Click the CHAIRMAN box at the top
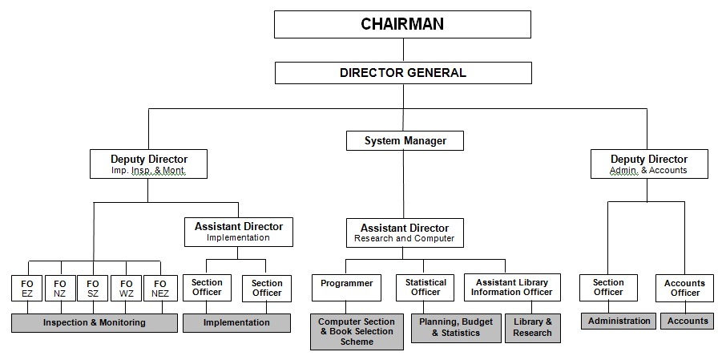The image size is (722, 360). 402,24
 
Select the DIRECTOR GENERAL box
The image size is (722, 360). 403,73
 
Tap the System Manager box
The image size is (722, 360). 405,140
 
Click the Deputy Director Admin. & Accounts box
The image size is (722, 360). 649,164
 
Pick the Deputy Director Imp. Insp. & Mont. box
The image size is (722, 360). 148,164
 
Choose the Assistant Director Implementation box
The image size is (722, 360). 239,232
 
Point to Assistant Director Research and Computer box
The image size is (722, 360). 405,233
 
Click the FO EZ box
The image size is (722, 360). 27,288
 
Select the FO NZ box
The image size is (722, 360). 60,288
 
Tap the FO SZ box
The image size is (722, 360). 92,288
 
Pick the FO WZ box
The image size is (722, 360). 126,288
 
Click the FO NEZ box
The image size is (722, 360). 160,288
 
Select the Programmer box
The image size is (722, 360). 347,288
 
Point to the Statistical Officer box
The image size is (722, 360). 426,288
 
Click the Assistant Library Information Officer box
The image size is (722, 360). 513,288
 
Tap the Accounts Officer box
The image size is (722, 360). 684,288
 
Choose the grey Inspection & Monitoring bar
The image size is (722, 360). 95,322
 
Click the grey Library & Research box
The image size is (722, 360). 533,328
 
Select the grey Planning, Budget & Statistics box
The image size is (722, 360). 456,328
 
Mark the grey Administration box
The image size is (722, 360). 619,322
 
